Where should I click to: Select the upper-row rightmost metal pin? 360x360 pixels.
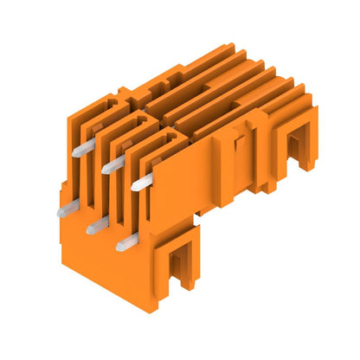142,181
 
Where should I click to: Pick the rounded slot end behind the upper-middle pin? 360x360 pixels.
130,125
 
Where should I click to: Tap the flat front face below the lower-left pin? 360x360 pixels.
87,247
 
